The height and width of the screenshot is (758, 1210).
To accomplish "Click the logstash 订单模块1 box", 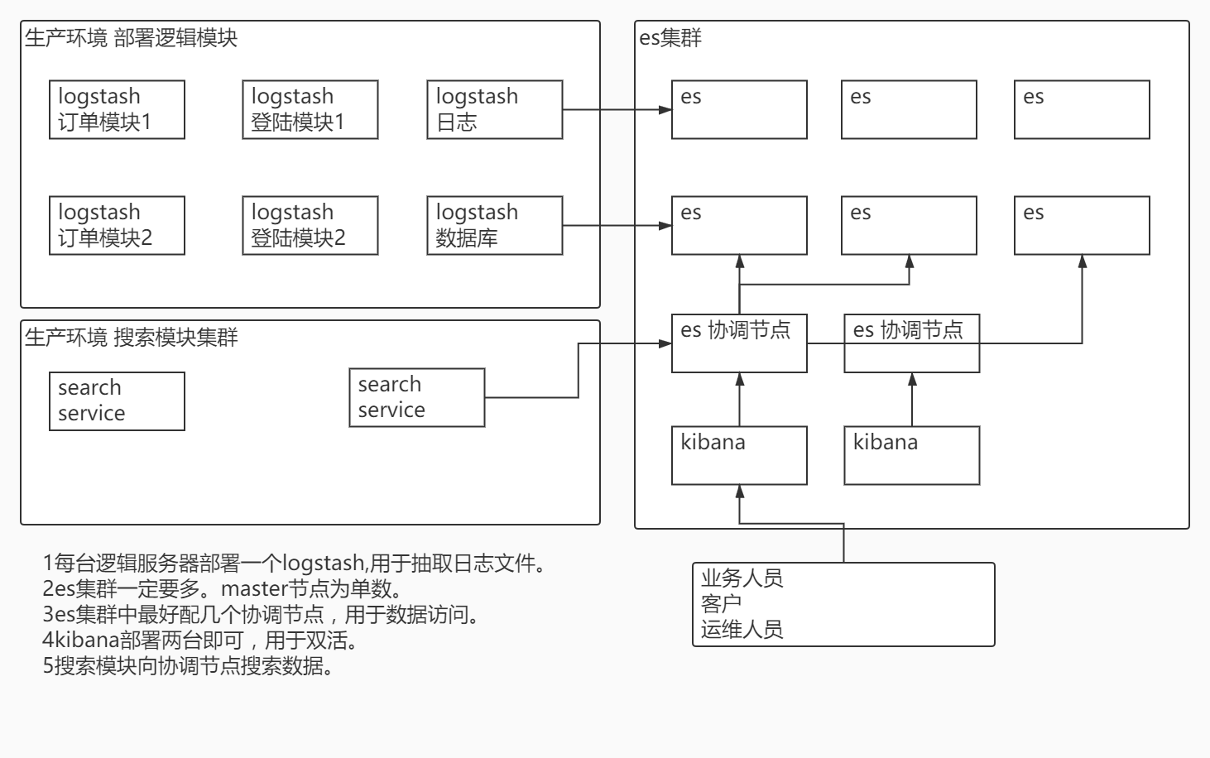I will click(117, 109).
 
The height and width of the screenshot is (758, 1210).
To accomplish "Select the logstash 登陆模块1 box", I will click(310, 109).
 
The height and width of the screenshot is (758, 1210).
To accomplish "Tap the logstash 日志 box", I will click(494, 109).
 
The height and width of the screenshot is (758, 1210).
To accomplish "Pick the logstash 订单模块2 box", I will click(117, 225).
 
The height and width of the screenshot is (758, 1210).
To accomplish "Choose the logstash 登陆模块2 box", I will click(310, 225).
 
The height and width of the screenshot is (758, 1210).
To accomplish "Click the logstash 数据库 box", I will click(494, 225).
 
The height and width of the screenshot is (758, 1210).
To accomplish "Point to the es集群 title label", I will click(670, 38).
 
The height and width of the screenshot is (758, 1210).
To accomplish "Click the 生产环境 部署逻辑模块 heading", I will click(131, 38).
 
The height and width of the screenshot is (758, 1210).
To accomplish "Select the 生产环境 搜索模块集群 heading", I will click(131, 338).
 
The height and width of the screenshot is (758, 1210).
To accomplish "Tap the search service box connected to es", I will click(416, 397).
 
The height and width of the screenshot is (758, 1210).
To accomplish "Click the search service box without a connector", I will click(117, 401).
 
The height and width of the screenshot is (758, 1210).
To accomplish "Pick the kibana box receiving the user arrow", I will click(739, 455).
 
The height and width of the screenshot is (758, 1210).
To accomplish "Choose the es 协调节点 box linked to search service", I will click(739, 343).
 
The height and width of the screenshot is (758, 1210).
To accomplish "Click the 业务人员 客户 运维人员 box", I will click(843, 604).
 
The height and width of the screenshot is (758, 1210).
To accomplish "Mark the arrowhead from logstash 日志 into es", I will click(665, 109).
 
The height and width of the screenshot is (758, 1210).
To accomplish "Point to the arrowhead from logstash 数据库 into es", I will click(665, 225).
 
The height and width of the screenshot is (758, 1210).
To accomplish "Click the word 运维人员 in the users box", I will click(742, 630).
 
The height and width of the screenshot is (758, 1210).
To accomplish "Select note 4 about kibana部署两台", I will click(200, 640).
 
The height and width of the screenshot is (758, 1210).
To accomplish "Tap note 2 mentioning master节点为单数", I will click(223, 589).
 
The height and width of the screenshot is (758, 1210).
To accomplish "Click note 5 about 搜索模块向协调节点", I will click(189, 666).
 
